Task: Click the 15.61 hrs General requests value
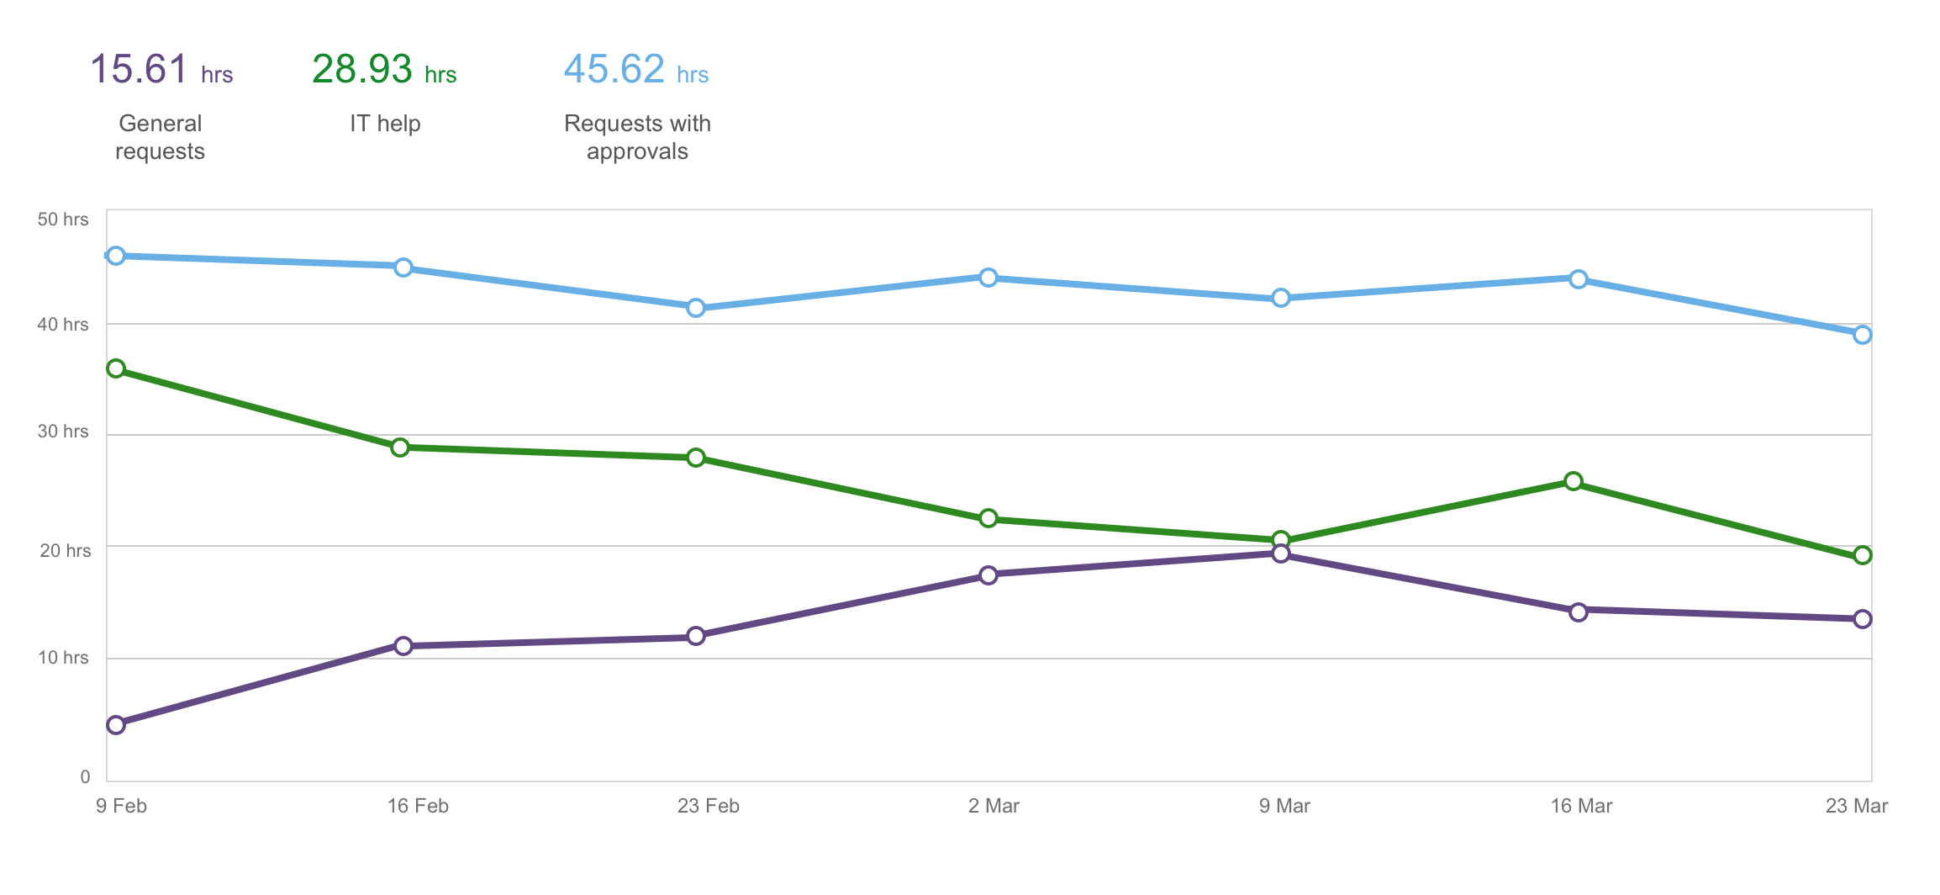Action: [x=161, y=70]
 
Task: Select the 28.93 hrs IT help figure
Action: [x=383, y=70]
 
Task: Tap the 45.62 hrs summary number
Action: [x=635, y=70]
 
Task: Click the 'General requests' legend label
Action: [x=160, y=137]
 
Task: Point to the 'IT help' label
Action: [x=385, y=124]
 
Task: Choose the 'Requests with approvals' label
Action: [x=637, y=137]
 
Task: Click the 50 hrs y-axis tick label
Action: [x=63, y=220]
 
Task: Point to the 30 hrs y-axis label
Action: [x=63, y=432]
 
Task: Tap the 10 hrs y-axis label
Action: [x=63, y=658]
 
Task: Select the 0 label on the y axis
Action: [x=85, y=777]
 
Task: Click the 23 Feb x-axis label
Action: [x=708, y=806]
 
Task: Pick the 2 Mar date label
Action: [x=994, y=806]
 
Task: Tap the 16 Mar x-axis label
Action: [x=1581, y=806]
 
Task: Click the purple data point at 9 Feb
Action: [x=116, y=725]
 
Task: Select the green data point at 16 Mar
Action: [x=1574, y=481]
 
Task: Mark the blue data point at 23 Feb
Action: [x=695, y=308]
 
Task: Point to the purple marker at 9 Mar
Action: [x=1281, y=553]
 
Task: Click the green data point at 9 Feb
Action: [x=116, y=368]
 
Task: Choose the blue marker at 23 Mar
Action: [x=1863, y=335]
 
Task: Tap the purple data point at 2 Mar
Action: [x=988, y=575]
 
